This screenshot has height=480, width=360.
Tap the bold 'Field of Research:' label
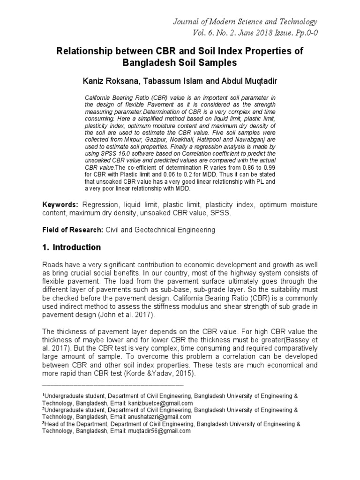(73, 230)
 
